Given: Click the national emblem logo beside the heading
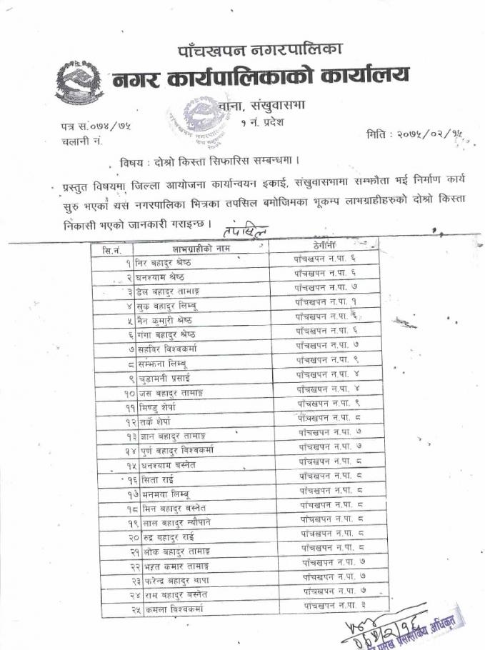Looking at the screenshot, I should tap(79, 82).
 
